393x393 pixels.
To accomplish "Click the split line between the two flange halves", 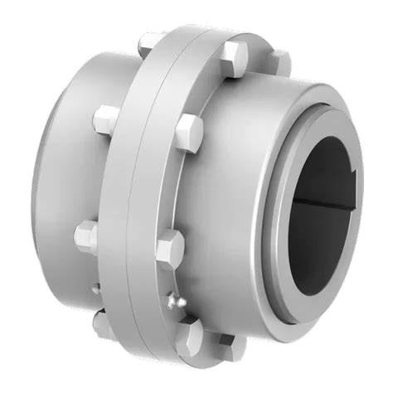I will (146, 207).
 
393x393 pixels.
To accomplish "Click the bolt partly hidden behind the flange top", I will (280, 60).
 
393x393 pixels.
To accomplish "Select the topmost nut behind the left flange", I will (149, 41).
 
